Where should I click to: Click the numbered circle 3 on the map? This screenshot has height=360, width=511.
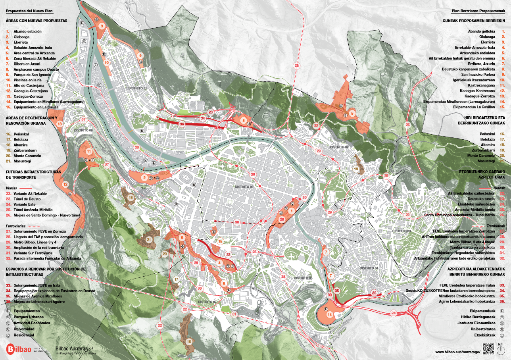point(102,26)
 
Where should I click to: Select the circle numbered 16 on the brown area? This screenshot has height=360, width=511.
point(189,341)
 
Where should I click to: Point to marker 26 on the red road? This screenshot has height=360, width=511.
point(407,125)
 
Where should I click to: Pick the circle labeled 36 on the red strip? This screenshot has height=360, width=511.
point(182,124)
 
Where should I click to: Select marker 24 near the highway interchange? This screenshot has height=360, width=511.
point(394,313)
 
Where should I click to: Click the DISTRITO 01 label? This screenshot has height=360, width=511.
point(137,88)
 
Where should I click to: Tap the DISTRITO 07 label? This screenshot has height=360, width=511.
point(209,302)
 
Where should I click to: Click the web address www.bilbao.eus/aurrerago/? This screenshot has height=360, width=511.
point(457,352)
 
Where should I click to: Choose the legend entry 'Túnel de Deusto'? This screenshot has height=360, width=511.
point(27,199)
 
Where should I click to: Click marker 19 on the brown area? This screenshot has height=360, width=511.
point(356,169)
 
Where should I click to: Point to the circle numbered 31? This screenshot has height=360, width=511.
point(234,314)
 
